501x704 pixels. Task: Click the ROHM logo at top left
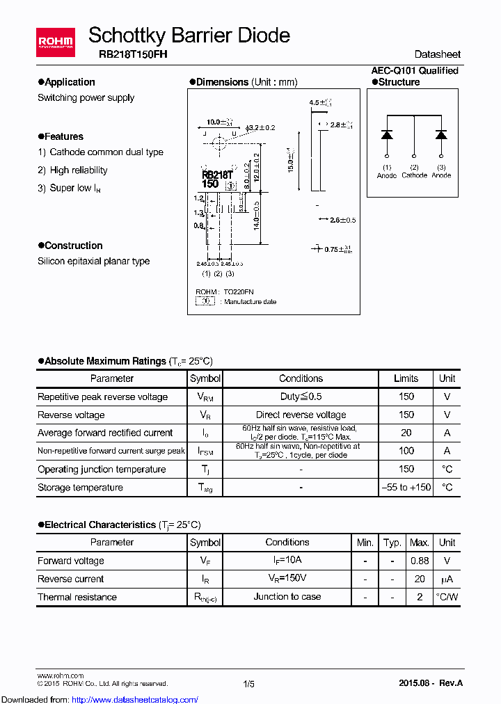click(x=55, y=43)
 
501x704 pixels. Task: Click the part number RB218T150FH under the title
click(x=127, y=54)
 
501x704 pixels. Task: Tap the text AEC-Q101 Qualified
click(x=415, y=70)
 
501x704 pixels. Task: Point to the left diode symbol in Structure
click(x=387, y=135)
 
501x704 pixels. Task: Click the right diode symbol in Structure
click(x=441, y=135)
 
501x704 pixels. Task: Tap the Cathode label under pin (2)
click(x=414, y=175)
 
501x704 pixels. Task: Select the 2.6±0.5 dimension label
click(x=341, y=220)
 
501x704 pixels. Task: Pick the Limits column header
click(x=406, y=378)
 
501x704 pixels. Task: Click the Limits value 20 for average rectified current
click(x=406, y=433)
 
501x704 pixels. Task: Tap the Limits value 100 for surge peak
click(x=406, y=451)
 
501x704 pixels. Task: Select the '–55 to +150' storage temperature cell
click(x=406, y=488)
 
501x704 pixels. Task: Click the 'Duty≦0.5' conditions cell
click(x=301, y=397)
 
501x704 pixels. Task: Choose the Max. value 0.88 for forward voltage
click(x=420, y=561)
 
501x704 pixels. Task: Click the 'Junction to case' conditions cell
click(x=287, y=597)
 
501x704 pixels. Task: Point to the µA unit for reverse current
click(x=447, y=579)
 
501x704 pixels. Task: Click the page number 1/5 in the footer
click(x=249, y=684)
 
